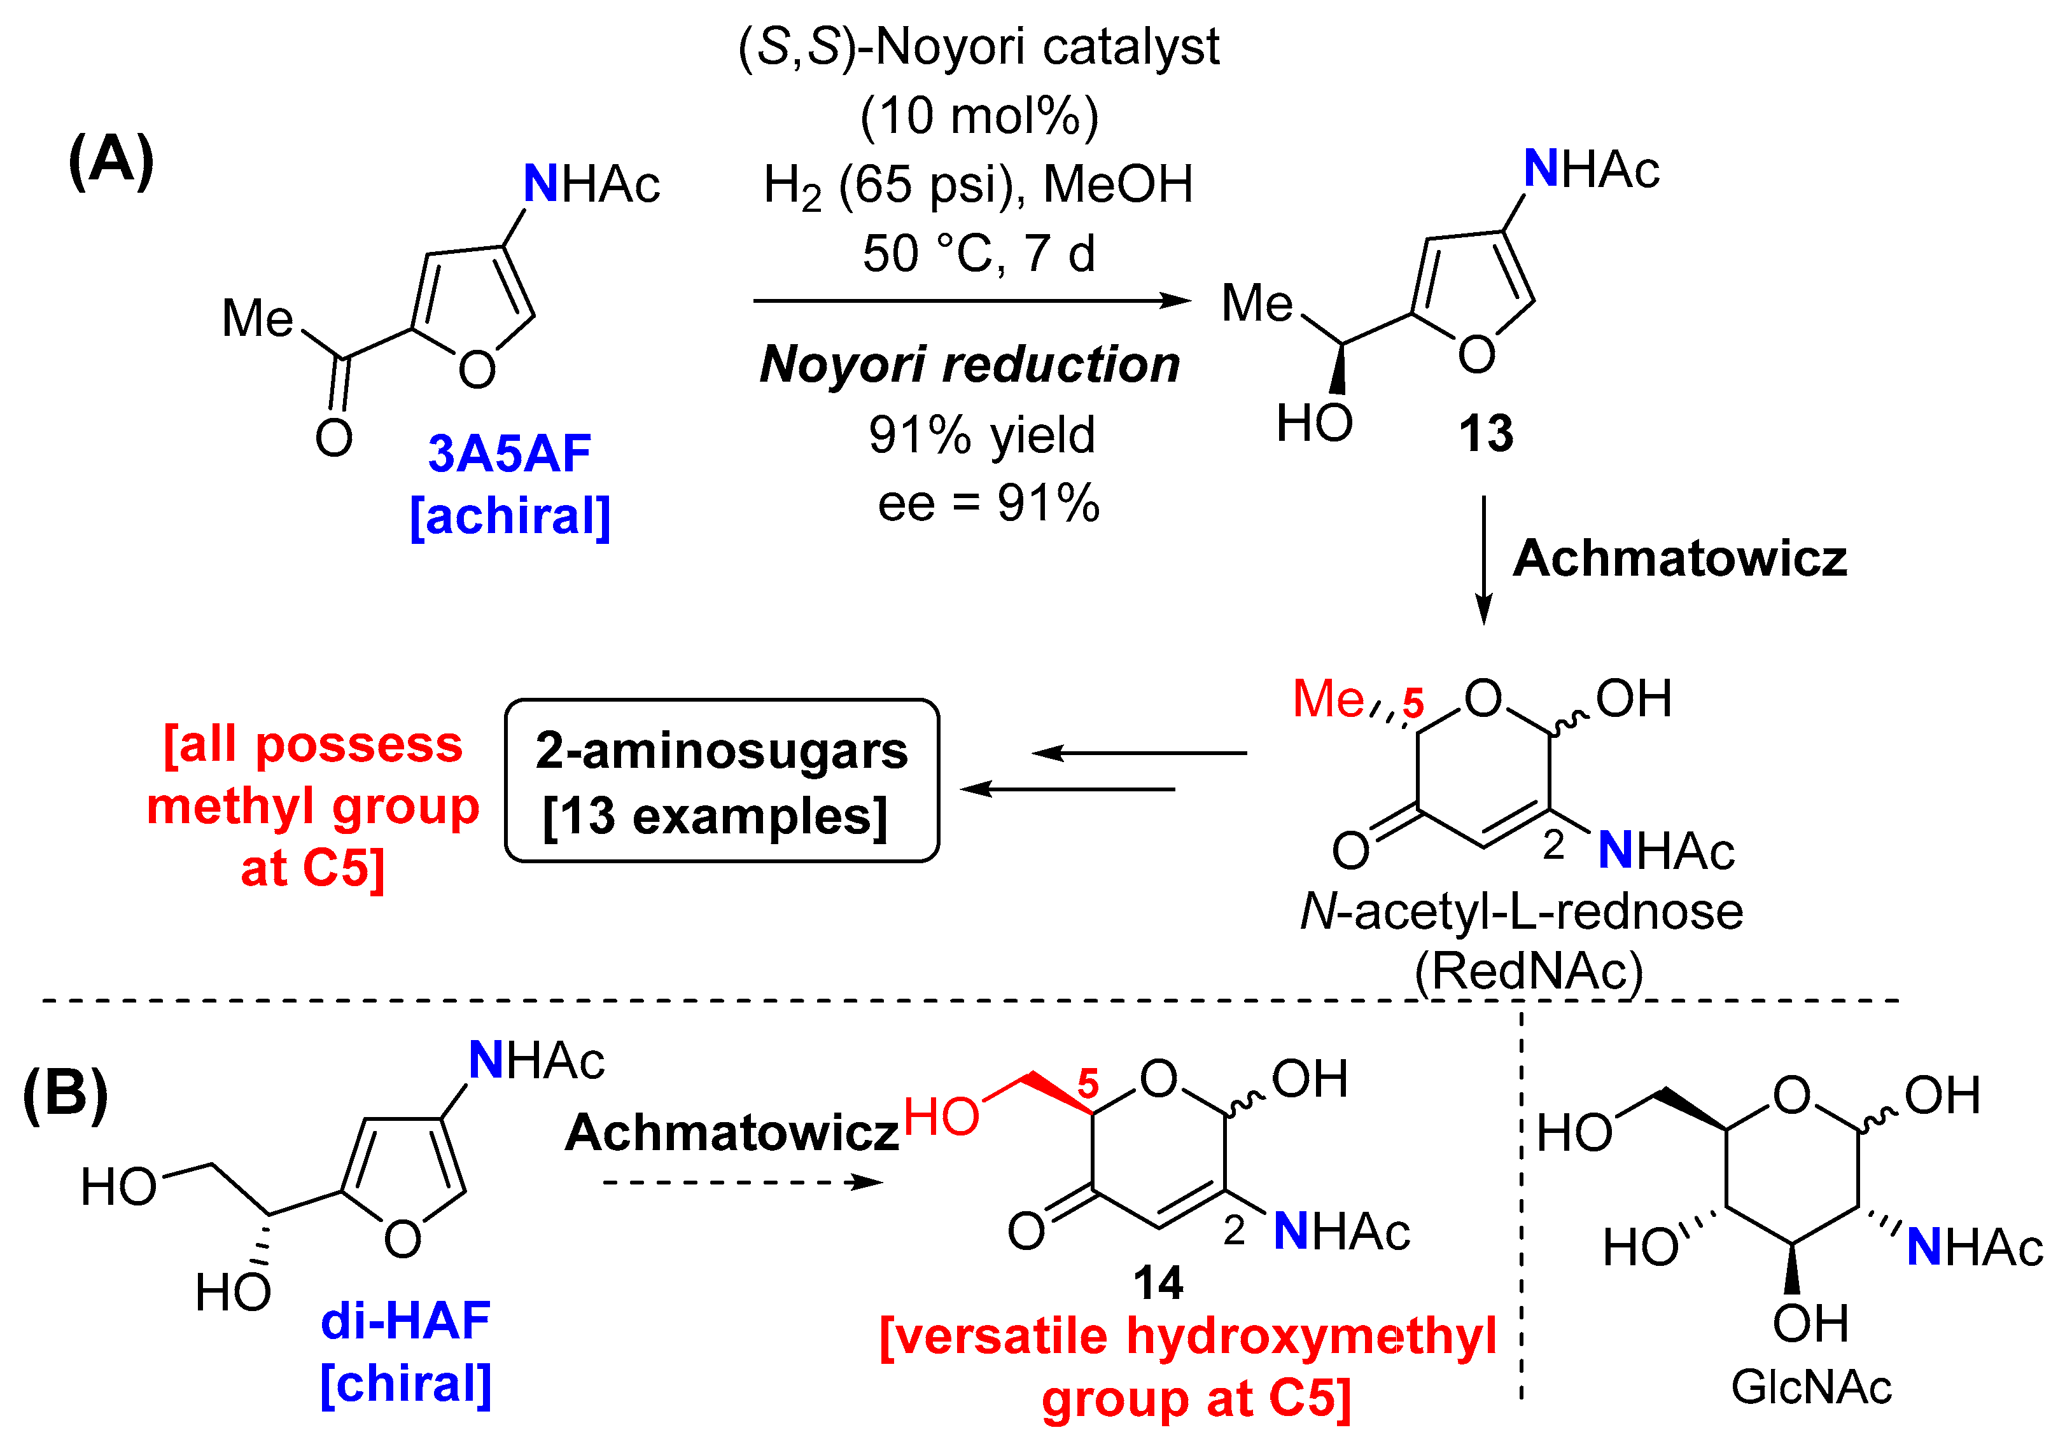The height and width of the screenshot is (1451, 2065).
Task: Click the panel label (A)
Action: pyautogui.click(x=111, y=162)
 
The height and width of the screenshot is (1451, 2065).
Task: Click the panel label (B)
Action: pyautogui.click(x=66, y=1095)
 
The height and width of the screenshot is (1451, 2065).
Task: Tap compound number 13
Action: pyautogui.click(x=1486, y=434)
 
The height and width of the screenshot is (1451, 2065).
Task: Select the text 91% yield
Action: pyautogui.click(x=981, y=435)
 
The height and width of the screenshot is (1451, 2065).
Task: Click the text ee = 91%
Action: pyautogui.click(x=988, y=503)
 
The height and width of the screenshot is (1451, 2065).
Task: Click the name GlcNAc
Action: pyautogui.click(x=1810, y=1387)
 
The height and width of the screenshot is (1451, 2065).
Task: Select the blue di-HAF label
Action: pyautogui.click(x=405, y=1321)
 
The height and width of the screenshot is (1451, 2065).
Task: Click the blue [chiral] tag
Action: pyautogui.click(x=405, y=1384)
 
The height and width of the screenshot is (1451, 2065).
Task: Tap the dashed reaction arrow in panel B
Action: pyautogui.click(x=742, y=1182)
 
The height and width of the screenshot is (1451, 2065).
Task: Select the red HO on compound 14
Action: pyautogui.click(x=941, y=1118)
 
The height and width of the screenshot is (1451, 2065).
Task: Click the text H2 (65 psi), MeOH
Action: pyautogui.click(x=977, y=185)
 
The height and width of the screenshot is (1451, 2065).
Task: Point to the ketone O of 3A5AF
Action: pyautogui.click(x=333, y=438)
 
